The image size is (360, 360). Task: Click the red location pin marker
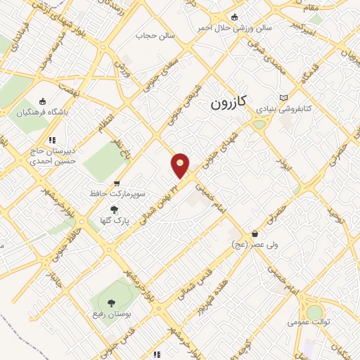tap(181, 165)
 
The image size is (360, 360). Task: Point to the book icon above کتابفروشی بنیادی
tap(283, 98)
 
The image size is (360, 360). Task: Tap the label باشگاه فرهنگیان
tap(44, 112)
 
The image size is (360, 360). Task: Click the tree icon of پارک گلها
tap(112, 209)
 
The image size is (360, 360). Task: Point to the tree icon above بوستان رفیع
tap(111, 300)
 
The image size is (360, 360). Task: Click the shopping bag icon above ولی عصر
tap(254, 233)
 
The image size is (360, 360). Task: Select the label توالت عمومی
tap(307, 323)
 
